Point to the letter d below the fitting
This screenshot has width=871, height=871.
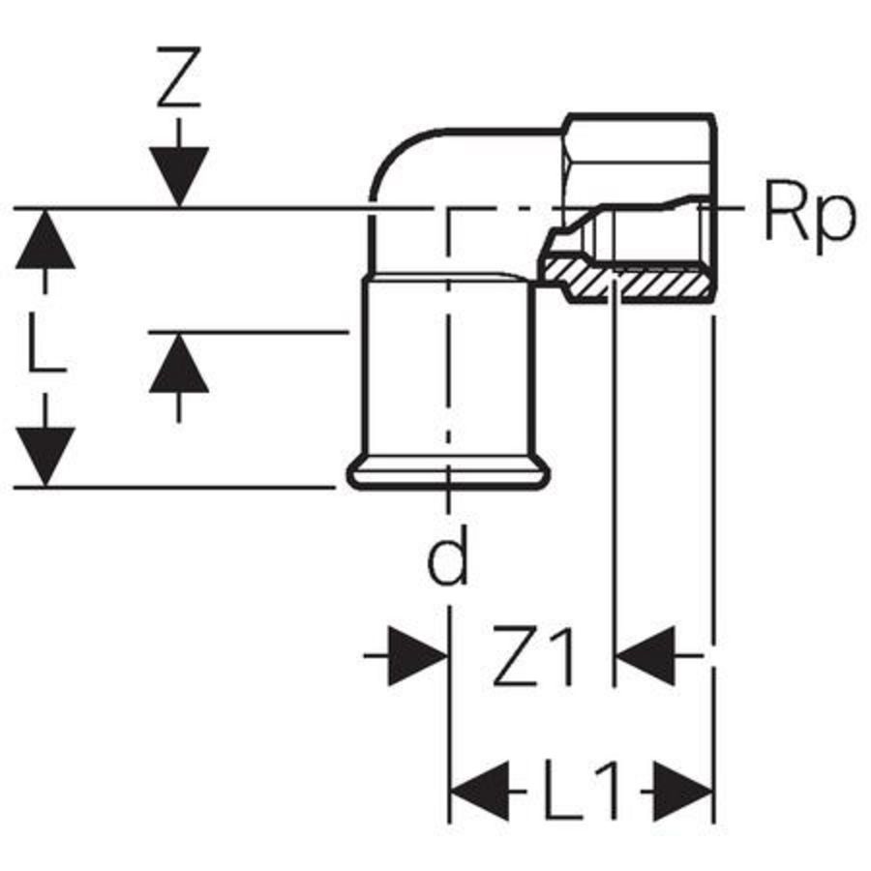coord(448,558)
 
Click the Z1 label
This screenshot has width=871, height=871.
coord(533,659)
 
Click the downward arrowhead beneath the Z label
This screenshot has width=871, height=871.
coord(179,174)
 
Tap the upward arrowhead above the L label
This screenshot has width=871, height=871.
coord(45,242)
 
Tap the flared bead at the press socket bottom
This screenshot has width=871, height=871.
coord(449,475)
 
